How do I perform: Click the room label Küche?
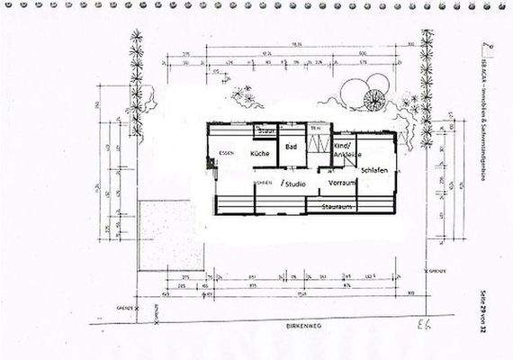tap(261, 154)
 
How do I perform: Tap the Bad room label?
tap(291, 146)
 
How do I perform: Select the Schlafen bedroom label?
tap(373, 169)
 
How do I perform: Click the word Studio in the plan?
tap(295, 184)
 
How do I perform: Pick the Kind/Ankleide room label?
tap(345, 149)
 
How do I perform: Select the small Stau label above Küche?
tap(266, 131)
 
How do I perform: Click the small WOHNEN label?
tap(263, 183)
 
